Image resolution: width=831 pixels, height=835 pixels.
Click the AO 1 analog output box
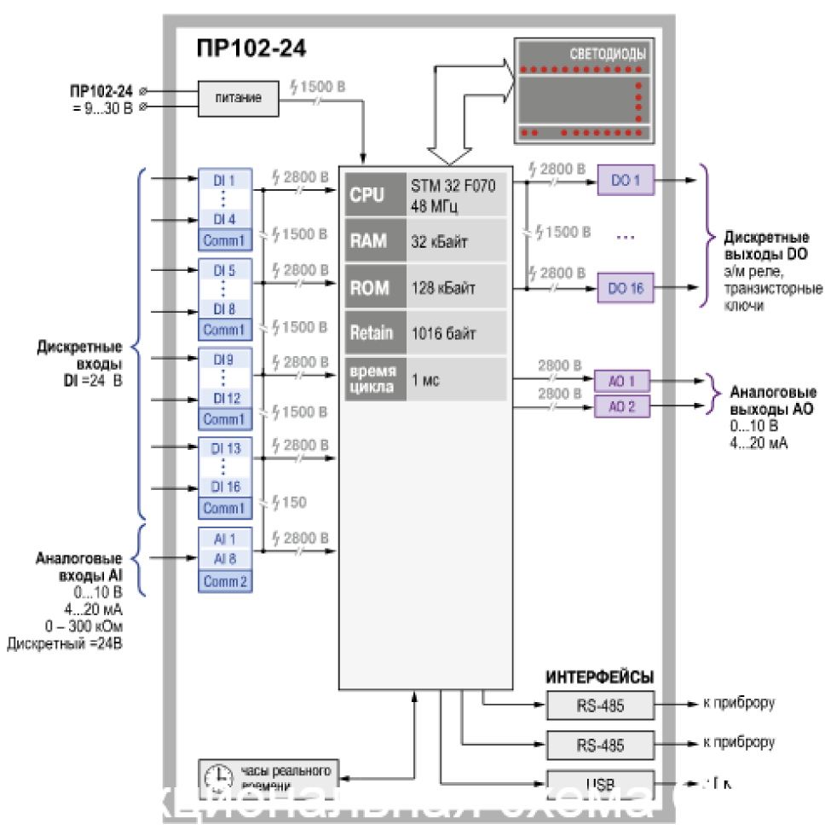click(622, 380)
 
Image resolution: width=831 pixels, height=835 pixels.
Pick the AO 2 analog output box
click(622, 406)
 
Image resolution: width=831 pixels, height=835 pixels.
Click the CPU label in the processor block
click(367, 194)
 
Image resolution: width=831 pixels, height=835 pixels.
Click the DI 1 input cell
click(224, 180)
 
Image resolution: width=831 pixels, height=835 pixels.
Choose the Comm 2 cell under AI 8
click(225, 581)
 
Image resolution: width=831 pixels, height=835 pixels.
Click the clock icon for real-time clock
click(218, 775)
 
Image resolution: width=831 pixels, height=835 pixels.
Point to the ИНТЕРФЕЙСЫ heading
click(599, 677)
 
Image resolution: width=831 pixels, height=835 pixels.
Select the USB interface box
click(600, 783)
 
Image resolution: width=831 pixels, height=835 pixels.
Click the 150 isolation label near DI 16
click(293, 503)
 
